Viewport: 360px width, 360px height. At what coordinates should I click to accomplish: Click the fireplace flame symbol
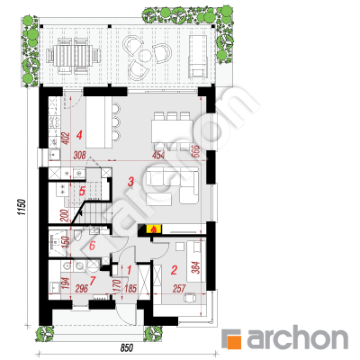pos(154,229)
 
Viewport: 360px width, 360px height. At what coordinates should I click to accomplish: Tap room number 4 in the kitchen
pos(79,135)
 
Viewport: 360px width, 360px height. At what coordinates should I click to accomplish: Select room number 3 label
pos(130,181)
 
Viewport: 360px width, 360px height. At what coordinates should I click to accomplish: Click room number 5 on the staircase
pos(82,191)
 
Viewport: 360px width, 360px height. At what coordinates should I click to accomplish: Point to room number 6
pos(92,246)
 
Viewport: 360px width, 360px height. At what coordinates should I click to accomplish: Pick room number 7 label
pos(93,281)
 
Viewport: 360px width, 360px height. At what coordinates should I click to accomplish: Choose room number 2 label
pos(174,270)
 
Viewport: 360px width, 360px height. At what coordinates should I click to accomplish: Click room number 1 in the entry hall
pos(130,270)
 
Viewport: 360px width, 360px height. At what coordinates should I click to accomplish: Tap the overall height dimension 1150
pos(22,207)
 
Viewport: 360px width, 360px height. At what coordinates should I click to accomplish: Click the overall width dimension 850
pos(127,348)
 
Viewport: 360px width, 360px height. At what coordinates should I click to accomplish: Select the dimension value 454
pos(158,156)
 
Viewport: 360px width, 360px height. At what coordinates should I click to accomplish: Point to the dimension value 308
pos(79,156)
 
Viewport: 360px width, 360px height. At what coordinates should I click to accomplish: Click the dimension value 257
pos(179,289)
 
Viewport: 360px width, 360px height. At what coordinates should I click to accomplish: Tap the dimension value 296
pos(81,289)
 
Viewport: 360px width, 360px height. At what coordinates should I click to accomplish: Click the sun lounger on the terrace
pos(197,56)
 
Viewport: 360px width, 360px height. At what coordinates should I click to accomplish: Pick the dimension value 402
pos(67,139)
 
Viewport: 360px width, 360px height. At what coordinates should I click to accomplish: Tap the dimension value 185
pos(130,289)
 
